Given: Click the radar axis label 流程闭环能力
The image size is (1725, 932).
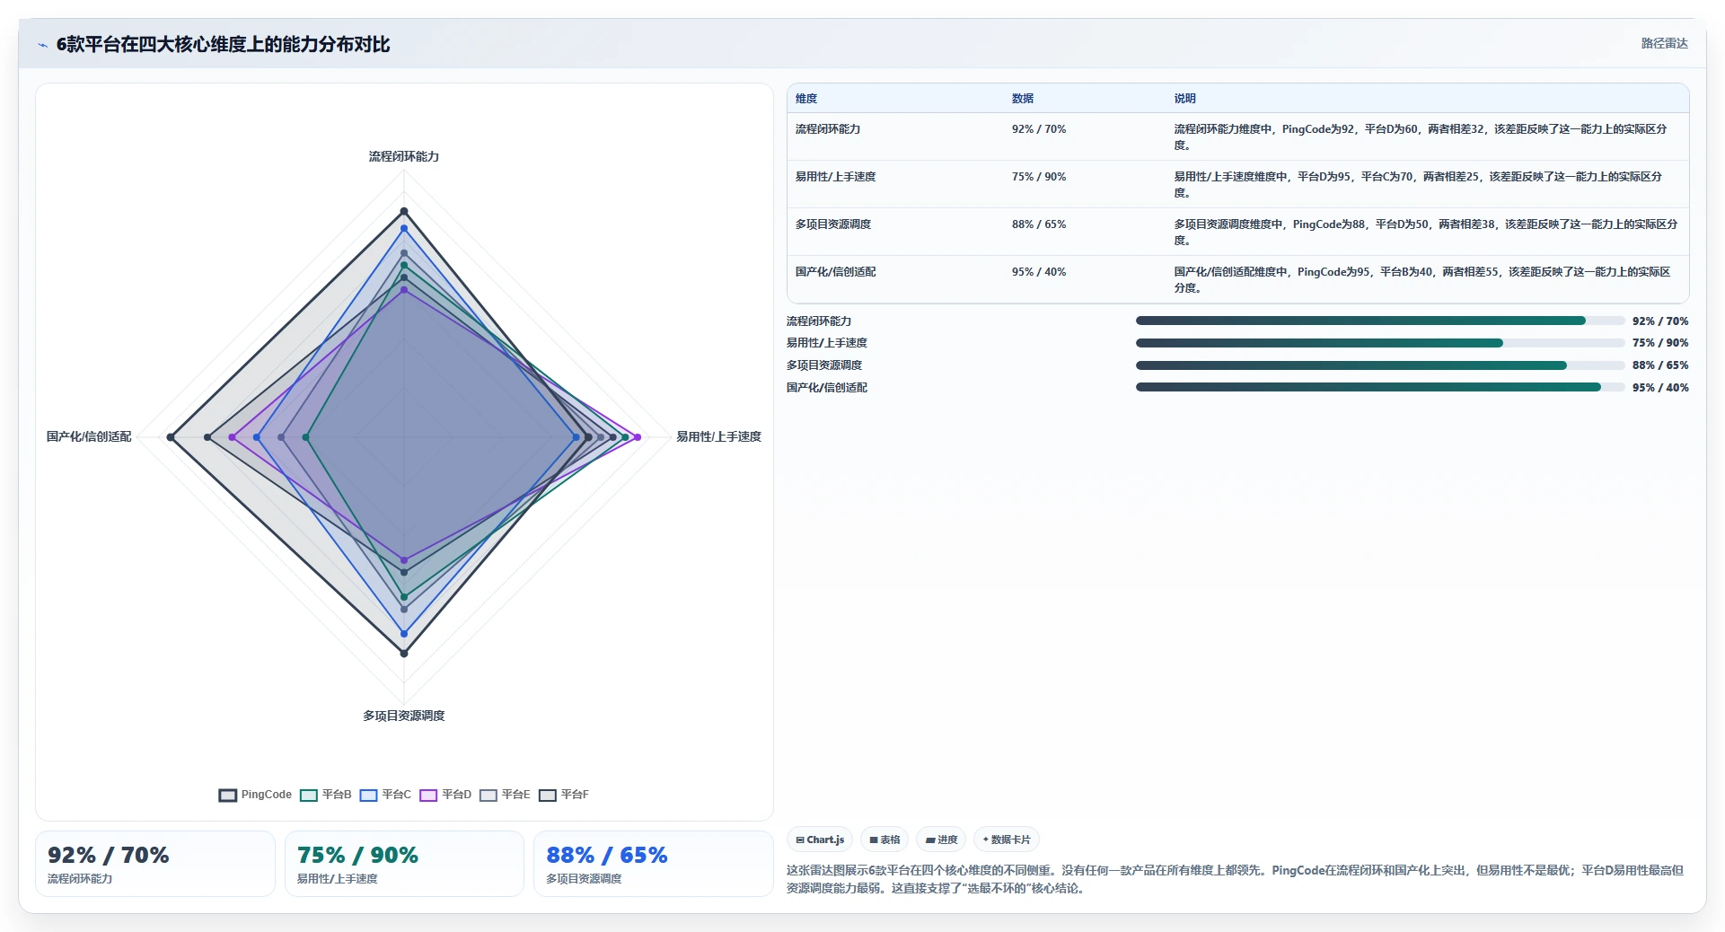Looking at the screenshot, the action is (404, 156).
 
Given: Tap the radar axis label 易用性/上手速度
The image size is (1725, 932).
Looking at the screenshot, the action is (718, 436).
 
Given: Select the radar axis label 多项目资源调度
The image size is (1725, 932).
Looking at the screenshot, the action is (404, 716).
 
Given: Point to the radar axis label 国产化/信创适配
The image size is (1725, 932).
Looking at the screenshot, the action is (89, 436).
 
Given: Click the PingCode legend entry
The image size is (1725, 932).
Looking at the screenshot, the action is (255, 795).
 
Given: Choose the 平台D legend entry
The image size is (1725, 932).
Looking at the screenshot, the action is (445, 795).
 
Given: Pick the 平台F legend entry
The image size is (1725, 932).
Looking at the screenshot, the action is (564, 795).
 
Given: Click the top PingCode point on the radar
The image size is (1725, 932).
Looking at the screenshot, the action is (404, 212).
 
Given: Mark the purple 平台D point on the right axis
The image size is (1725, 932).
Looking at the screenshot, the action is (638, 437).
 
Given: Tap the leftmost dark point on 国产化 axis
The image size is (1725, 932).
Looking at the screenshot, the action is (171, 437).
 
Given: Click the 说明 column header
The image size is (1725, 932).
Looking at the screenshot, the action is (1185, 99).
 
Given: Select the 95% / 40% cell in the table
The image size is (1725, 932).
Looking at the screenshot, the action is (1039, 272).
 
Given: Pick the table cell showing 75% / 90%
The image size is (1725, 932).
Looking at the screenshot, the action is (1039, 177).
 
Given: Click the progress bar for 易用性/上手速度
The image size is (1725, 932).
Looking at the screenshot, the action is (1380, 343).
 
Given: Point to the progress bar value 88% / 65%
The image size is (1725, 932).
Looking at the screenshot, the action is (1660, 365).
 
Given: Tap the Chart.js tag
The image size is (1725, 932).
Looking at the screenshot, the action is (820, 840).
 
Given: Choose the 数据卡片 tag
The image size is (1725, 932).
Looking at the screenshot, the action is (1007, 840).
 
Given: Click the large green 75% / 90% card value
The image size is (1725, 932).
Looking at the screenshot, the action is (357, 855).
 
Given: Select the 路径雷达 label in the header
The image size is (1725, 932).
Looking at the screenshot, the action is (1665, 43).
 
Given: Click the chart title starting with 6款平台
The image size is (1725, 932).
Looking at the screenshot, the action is (223, 44).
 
